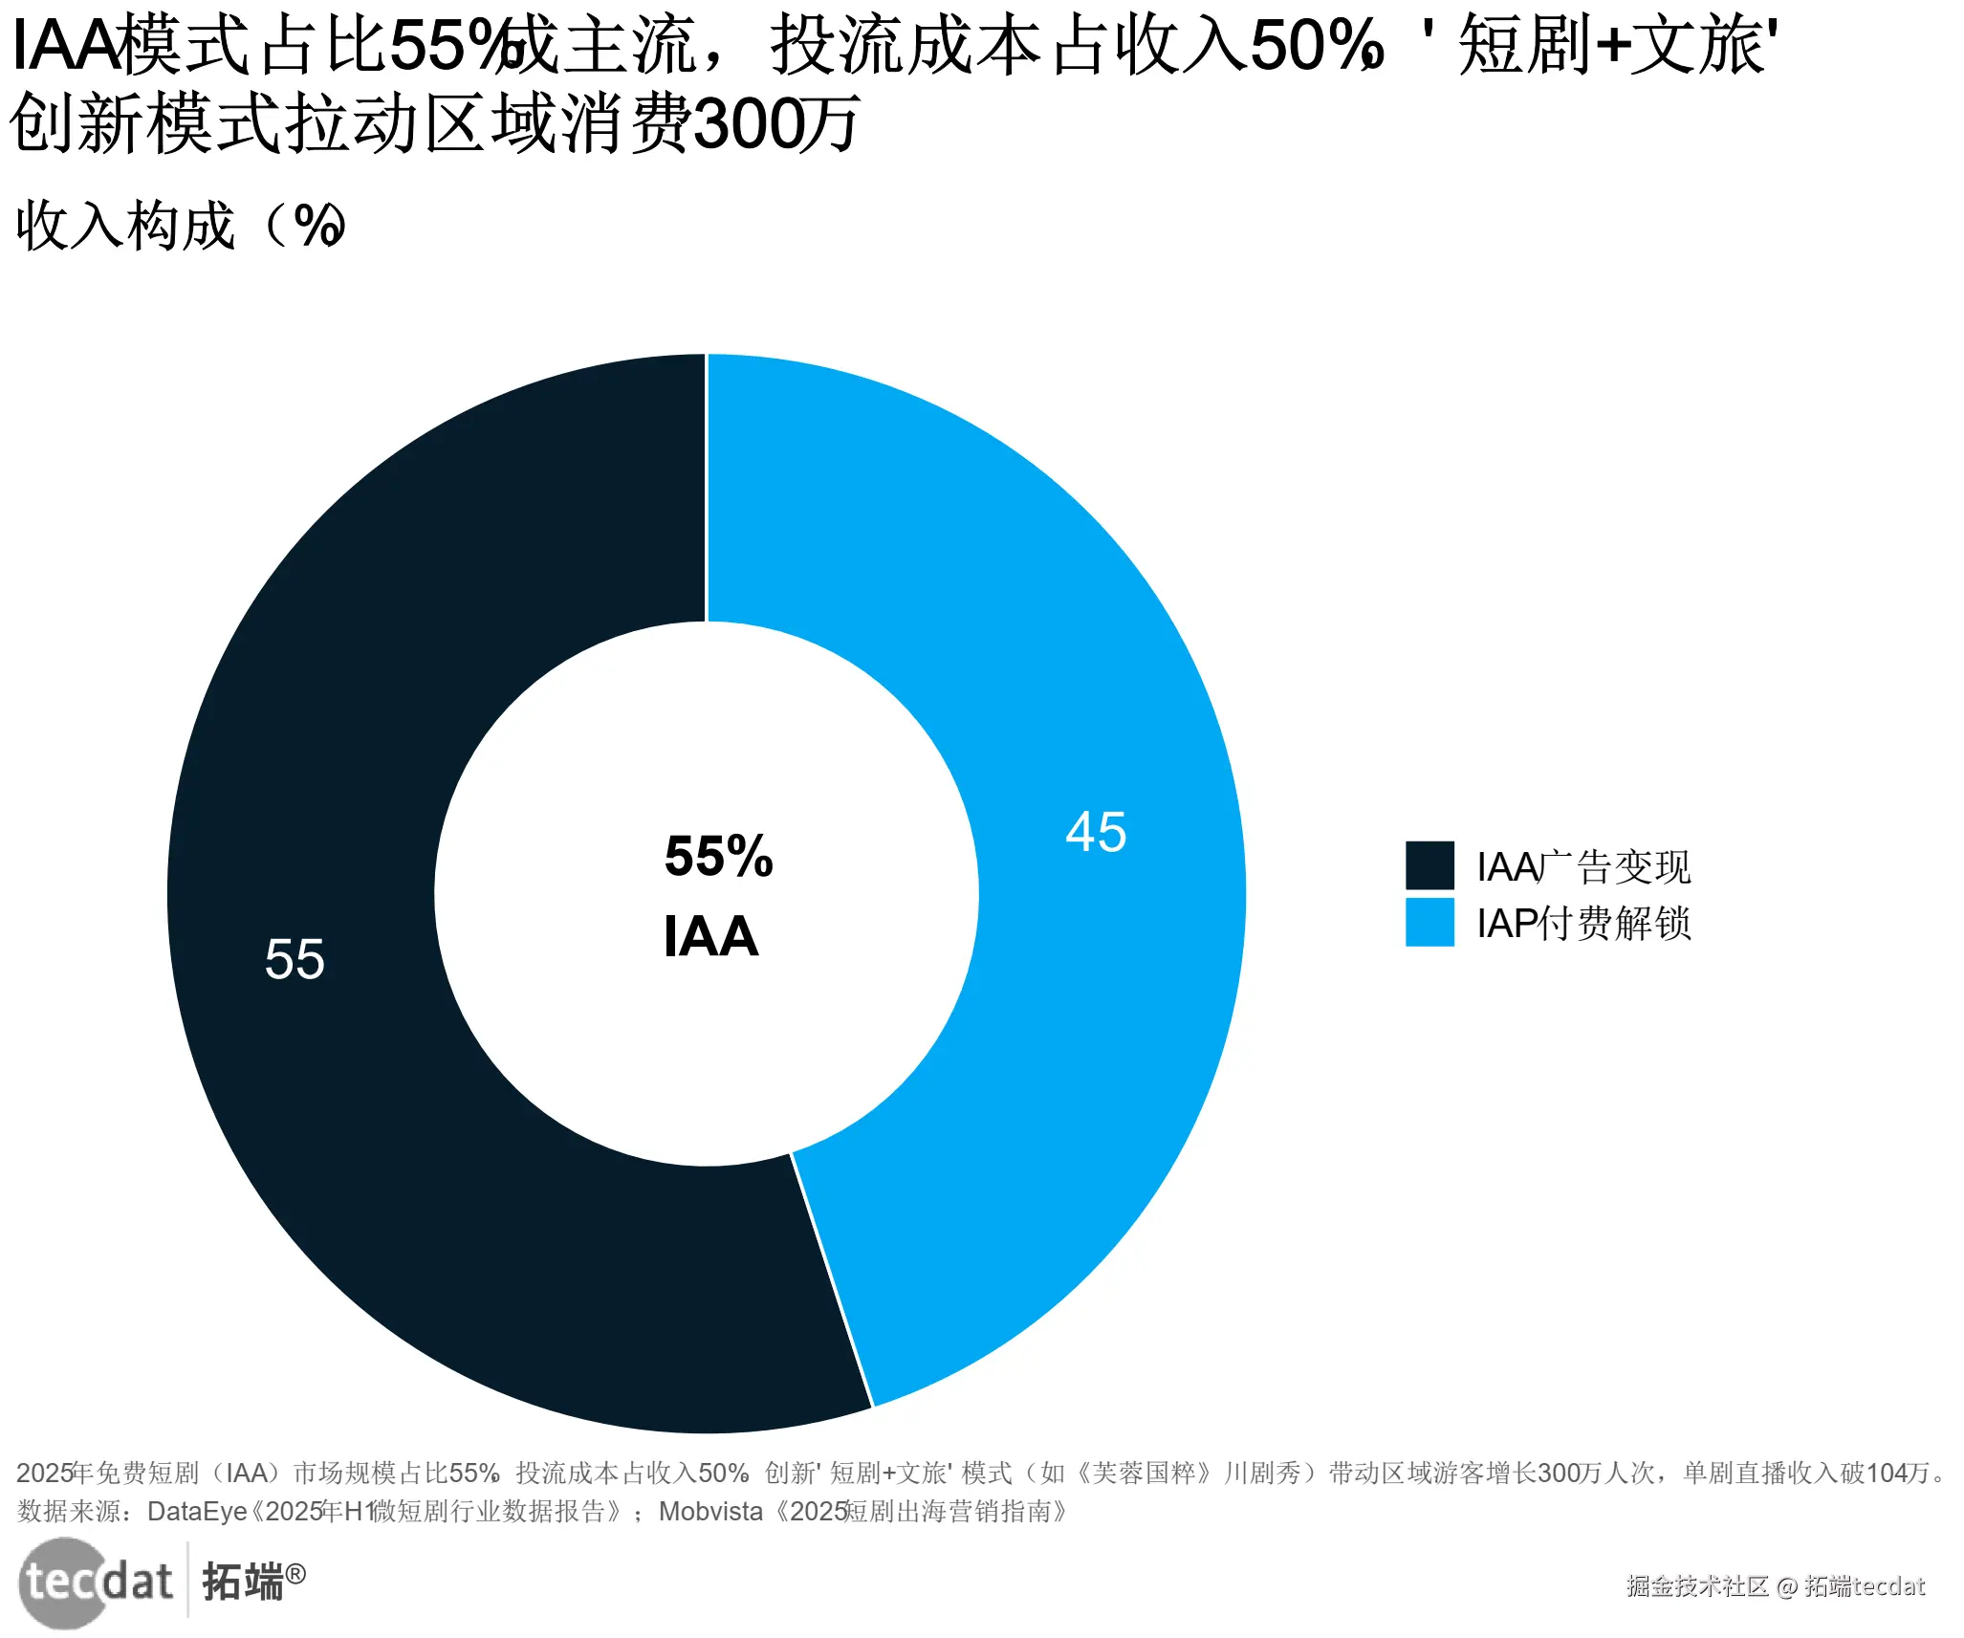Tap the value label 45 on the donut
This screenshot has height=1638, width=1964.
point(1096,832)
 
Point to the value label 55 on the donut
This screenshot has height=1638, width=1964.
point(295,959)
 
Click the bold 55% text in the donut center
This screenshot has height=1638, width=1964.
point(718,856)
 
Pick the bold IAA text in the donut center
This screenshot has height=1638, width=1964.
point(710,936)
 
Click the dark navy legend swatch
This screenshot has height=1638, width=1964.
point(1429,865)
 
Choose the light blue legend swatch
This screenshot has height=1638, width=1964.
point(1429,923)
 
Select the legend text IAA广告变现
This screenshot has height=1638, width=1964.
point(1583,867)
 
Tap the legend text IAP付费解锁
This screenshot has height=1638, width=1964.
point(1583,924)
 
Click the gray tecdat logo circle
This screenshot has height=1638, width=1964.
point(62,1583)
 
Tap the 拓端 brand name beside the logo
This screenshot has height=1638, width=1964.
point(243,1583)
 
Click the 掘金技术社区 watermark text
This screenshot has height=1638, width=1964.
point(1697,1586)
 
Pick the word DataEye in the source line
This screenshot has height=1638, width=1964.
point(197,1512)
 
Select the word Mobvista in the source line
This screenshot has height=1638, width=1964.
point(710,1512)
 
